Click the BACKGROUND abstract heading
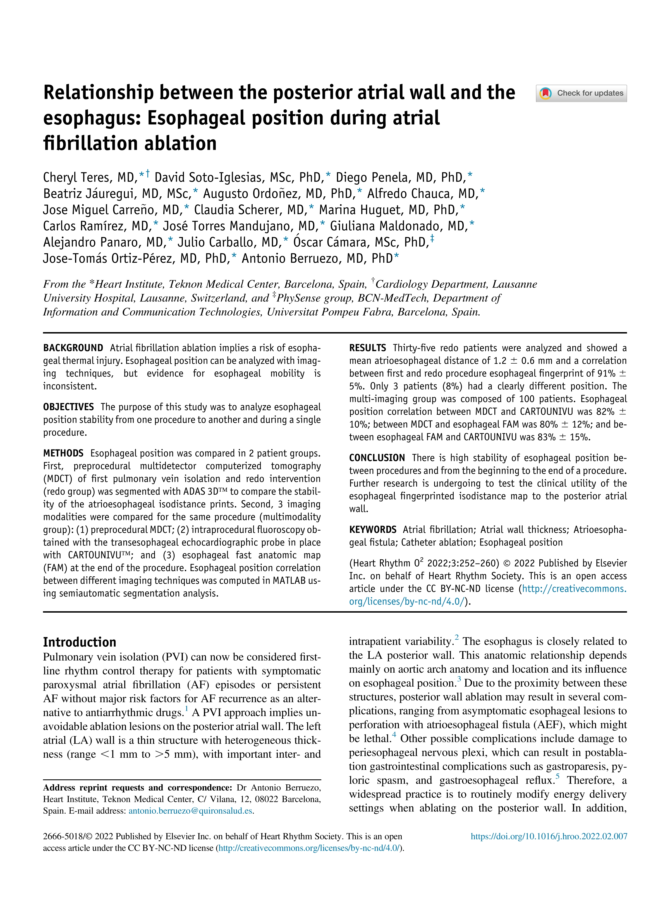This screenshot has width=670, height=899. pyautogui.click(x=73, y=348)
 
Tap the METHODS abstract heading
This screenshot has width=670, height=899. pyautogui.click(x=63, y=453)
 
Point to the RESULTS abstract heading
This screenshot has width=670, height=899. pyautogui.click(x=367, y=348)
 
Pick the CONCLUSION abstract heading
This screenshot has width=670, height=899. pyautogui.click(x=377, y=458)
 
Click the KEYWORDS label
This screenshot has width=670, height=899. pyautogui.click(x=372, y=530)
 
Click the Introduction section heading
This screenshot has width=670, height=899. pyautogui.click(x=80, y=642)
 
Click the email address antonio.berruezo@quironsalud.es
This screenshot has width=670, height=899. pyautogui.click(x=190, y=811)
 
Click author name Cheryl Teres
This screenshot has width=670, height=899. pyautogui.click(x=77, y=177)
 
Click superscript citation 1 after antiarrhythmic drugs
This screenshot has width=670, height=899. pyautogui.click(x=186, y=709)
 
